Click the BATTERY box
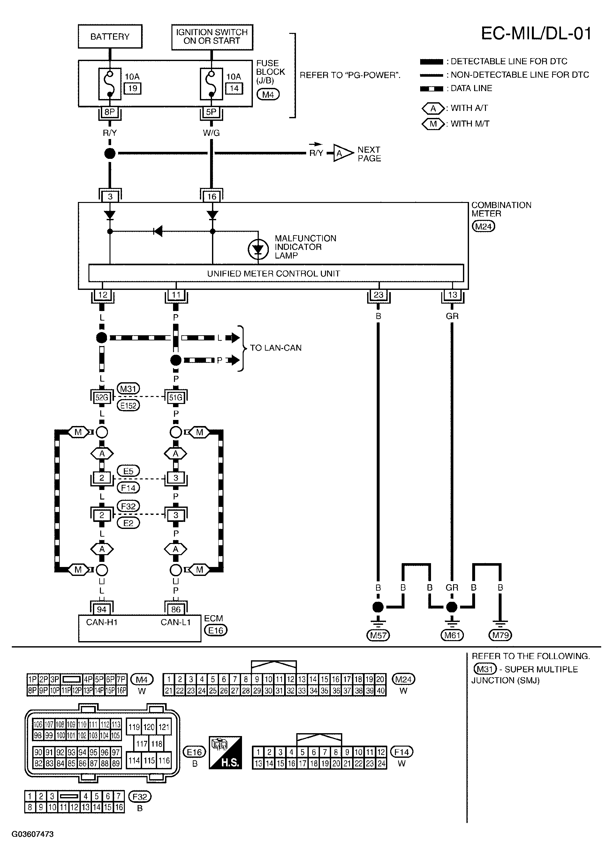coord(110,37)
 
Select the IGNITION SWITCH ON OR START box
coord(212,37)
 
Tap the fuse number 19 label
coord(132,89)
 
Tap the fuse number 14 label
coord(234,89)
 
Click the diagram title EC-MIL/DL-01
coord(536,34)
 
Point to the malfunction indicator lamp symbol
coord(258,249)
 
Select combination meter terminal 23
coord(379,295)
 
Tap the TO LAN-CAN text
coord(276,348)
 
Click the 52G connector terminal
coord(102,398)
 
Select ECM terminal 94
coord(102,609)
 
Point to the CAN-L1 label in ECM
coord(176,622)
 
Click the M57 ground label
coord(378,635)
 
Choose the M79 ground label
coord(500,635)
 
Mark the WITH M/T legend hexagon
coord(433,124)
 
